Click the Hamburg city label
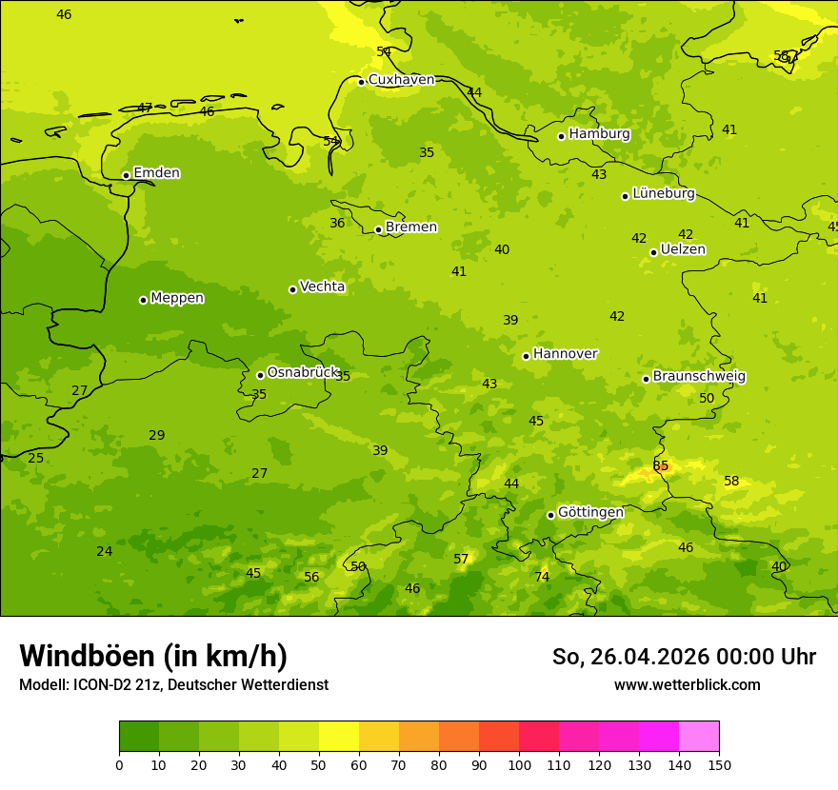pyautogui.click(x=599, y=134)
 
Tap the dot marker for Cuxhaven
pyautogui.click(x=361, y=82)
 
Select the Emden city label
pyautogui.click(x=156, y=173)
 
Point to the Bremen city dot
pyautogui.click(x=378, y=229)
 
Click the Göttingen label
pyautogui.click(x=590, y=512)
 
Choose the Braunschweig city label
pyautogui.click(x=699, y=376)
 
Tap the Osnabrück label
pyautogui.click(x=302, y=372)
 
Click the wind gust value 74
pyautogui.click(x=542, y=577)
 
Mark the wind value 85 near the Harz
pyautogui.click(x=661, y=465)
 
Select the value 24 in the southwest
pyautogui.click(x=104, y=551)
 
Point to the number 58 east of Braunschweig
pyautogui.click(x=731, y=481)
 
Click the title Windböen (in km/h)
pyautogui.click(x=153, y=656)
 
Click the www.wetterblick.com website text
pyautogui.click(x=687, y=684)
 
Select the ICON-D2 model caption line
pyautogui.click(x=173, y=684)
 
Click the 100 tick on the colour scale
pyautogui.click(x=519, y=764)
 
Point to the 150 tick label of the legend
pyautogui.click(x=719, y=764)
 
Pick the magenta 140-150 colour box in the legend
pyautogui.click(x=699, y=736)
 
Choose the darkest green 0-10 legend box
pyautogui.click(x=139, y=736)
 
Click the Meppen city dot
pyautogui.click(x=143, y=300)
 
